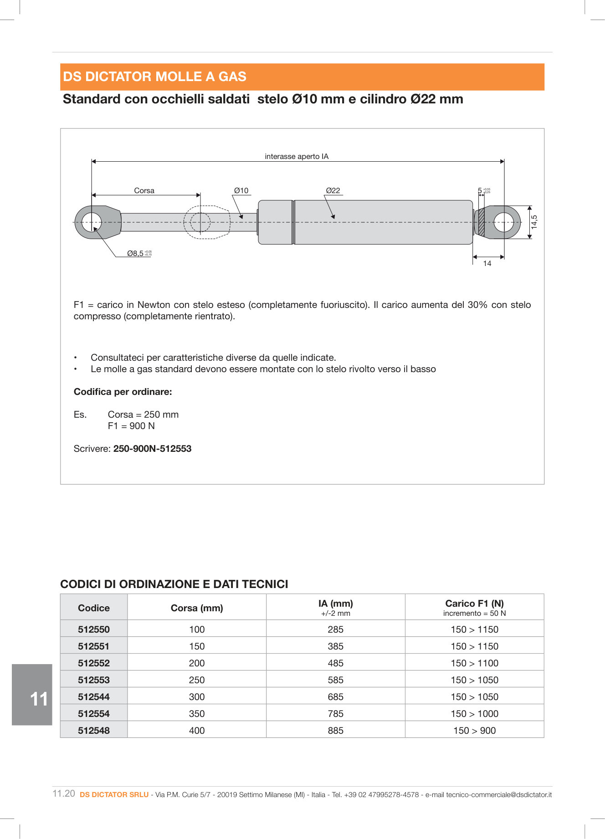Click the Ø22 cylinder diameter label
[x=333, y=190]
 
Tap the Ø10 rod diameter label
[x=241, y=190]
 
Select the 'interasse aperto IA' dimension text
[x=297, y=156]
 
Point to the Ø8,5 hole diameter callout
[x=136, y=253]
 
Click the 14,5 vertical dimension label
[x=535, y=222]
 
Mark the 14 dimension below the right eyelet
[x=487, y=263]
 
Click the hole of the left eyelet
[x=92, y=222]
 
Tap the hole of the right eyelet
[x=504, y=222]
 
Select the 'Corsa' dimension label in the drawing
[x=144, y=190]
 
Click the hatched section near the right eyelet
[x=482, y=222]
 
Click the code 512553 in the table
[x=94, y=680]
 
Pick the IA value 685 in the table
[x=336, y=696]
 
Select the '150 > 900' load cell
[x=474, y=730]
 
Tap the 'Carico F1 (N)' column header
[x=474, y=604]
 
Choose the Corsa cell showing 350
[x=197, y=713]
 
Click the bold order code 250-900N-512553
[x=152, y=449]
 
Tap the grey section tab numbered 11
[x=32, y=695]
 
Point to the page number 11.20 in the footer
[x=64, y=793]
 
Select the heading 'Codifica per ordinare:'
[x=123, y=392]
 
